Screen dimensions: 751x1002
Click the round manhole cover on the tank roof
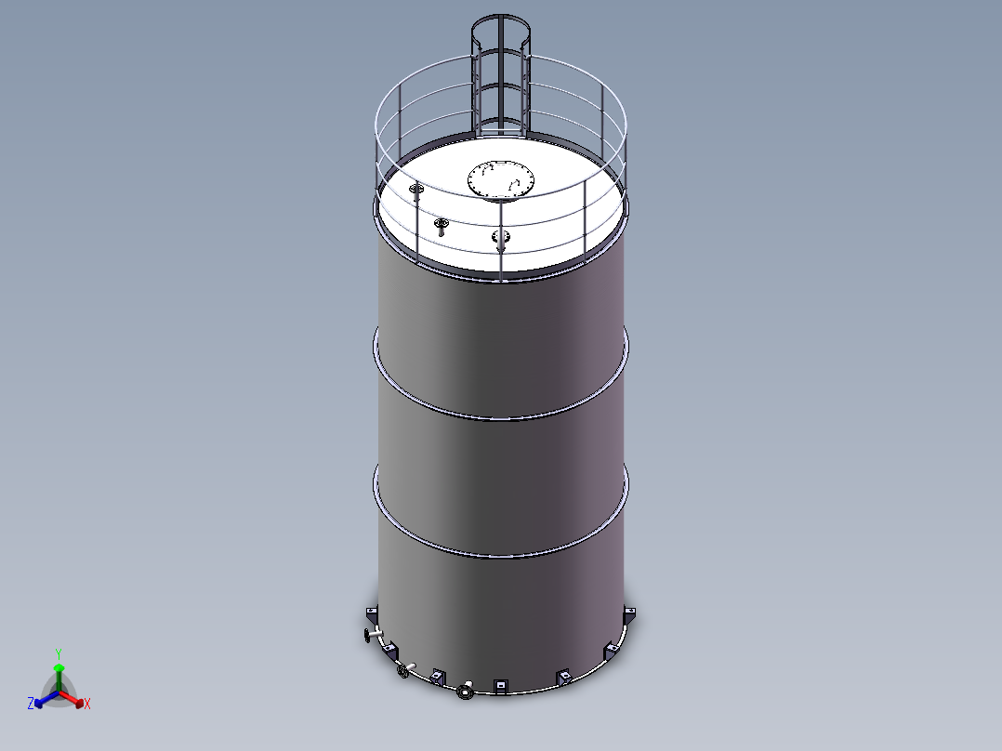click(501, 179)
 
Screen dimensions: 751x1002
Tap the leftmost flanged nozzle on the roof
click(415, 191)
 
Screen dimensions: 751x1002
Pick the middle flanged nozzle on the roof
click(441, 225)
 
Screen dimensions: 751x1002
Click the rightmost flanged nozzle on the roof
click(500, 238)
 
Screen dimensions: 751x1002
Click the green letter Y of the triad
click(58, 653)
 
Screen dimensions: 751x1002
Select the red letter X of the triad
click(87, 705)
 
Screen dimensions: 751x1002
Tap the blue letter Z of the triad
click(31, 705)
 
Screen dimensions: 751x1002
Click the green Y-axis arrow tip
click(59, 667)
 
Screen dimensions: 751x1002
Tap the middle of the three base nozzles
click(404, 669)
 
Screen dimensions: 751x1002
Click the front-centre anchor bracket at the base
click(500, 686)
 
